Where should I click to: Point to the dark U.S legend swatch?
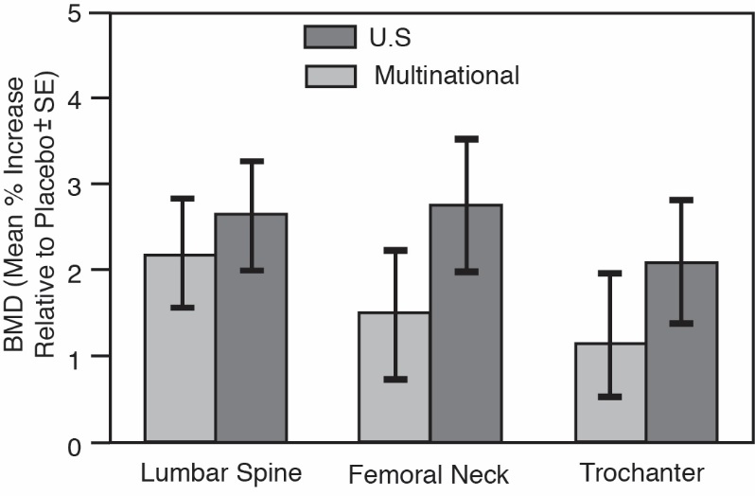[329, 36]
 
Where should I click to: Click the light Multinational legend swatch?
[329, 75]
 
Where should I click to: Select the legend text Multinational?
[447, 75]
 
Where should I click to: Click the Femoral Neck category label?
[428, 473]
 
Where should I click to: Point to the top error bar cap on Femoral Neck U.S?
[466, 138]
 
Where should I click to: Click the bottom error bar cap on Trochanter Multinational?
[610, 397]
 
